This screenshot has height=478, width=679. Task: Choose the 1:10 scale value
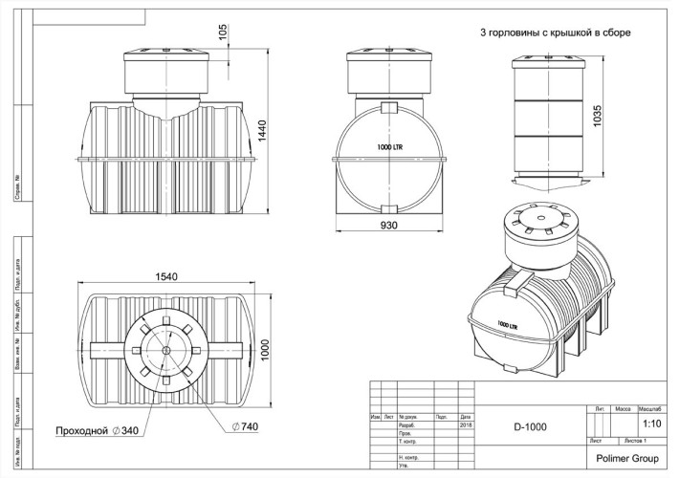point(651,422)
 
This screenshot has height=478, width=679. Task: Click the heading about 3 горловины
point(555,33)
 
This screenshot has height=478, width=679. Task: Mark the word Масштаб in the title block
point(651,407)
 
